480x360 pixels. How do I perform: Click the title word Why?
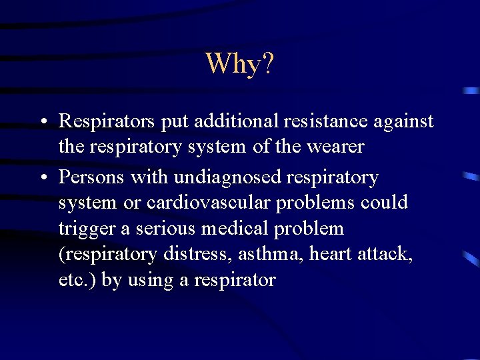click(x=239, y=63)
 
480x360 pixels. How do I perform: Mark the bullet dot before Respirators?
click(x=42, y=123)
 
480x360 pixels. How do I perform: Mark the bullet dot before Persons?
click(x=42, y=179)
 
